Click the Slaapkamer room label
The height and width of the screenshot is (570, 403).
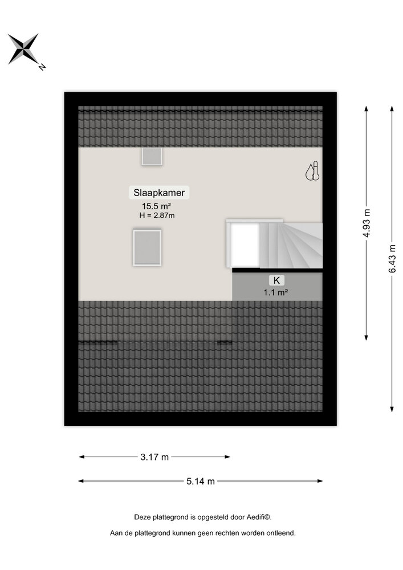[x=159, y=193]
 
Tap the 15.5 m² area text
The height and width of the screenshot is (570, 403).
[x=156, y=206]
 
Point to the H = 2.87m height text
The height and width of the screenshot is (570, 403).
[x=157, y=215]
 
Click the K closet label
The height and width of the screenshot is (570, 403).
[x=276, y=280]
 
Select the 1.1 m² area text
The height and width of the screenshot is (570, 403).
[x=276, y=292]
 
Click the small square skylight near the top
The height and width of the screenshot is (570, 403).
[x=152, y=156]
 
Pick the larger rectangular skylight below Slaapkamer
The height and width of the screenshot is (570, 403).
[x=147, y=247]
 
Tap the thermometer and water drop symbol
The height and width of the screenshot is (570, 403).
[x=312, y=171]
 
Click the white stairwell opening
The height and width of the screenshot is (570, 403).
[x=245, y=245]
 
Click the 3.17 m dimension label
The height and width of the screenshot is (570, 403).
[x=154, y=457]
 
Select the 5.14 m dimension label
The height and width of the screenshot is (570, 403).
[x=201, y=481]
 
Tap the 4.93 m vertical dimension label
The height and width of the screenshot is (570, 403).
[x=367, y=223]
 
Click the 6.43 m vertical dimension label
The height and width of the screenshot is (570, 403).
[x=392, y=259]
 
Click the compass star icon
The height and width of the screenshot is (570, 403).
[x=23, y=49]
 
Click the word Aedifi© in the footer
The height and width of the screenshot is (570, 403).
[x=259, y=517]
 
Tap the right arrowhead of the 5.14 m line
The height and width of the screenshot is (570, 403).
[x=320, y=481]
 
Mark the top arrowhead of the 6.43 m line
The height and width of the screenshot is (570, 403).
[x=392, y=109]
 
